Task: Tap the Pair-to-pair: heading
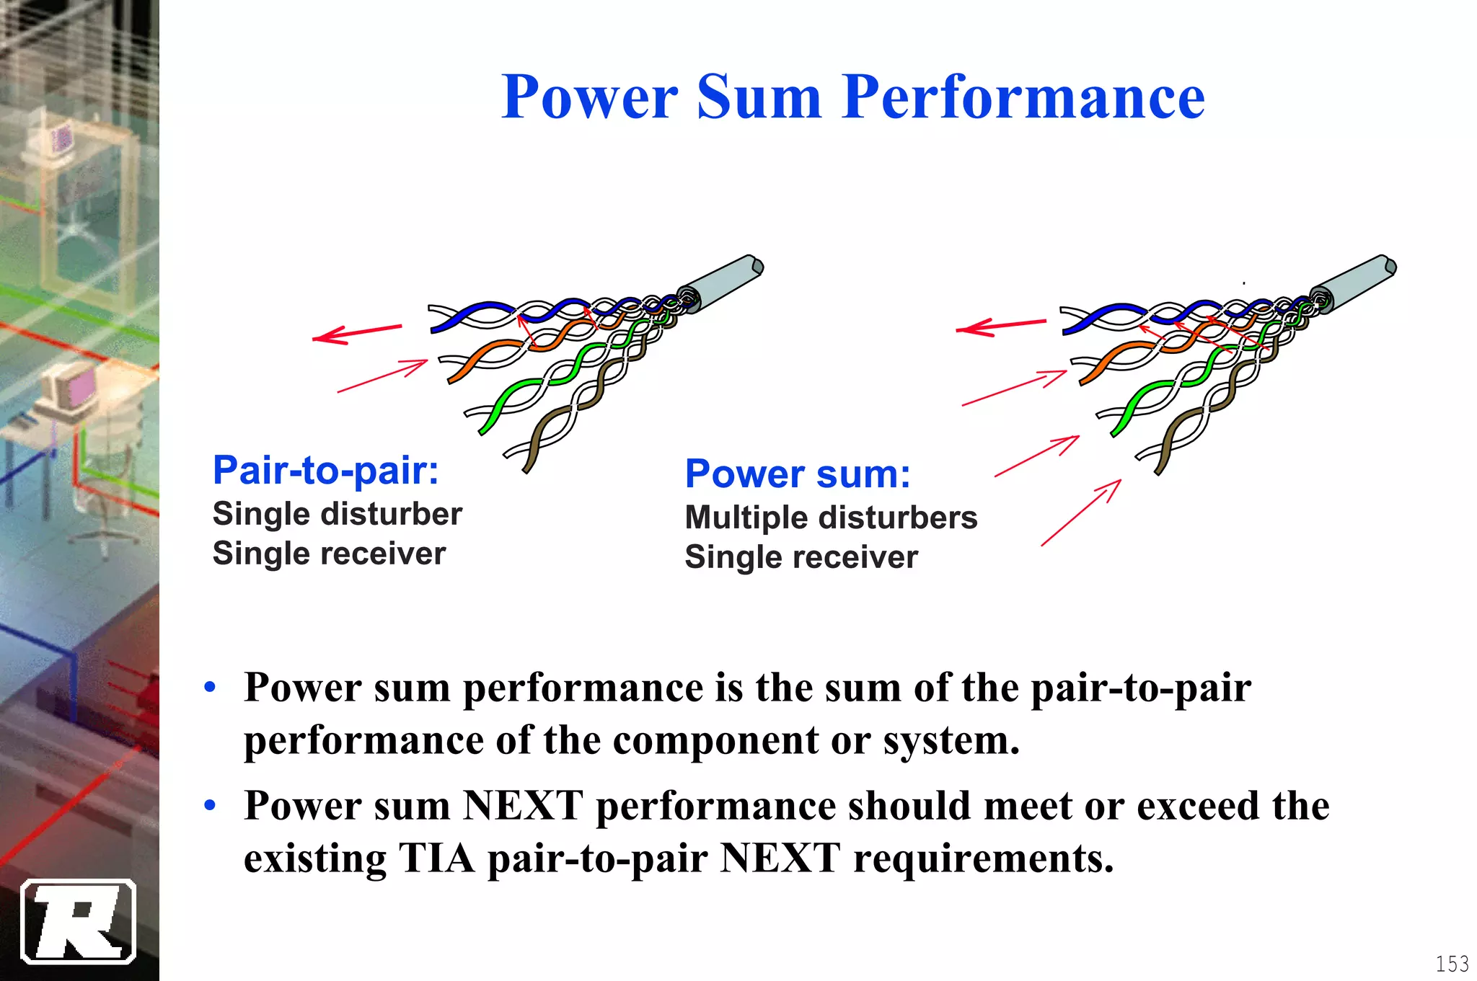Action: pos(326,471)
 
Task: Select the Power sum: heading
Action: pos(798,474)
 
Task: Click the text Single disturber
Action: pos(337,514)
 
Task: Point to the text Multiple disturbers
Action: pos(831,518)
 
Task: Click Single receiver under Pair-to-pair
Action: pos(329,554)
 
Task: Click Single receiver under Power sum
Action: pos(801,557)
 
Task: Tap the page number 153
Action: pos(1452,964)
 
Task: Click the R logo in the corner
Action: pos(78,921)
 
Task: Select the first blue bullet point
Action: pos(210,687)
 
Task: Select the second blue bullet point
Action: pos(210,805)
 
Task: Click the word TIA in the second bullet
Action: pos(436,858)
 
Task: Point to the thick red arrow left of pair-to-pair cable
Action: pos(357,333)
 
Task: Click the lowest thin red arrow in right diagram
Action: pos(1081,512)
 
